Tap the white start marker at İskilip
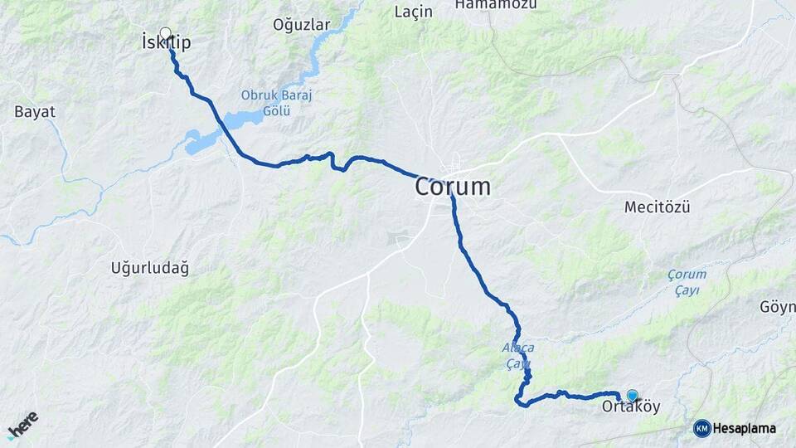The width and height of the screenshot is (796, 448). tap(165, 34)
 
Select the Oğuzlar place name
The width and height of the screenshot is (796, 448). tap(301, 25)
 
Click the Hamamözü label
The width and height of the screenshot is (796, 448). tap(494, 5)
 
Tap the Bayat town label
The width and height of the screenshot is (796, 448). tap(35, 111)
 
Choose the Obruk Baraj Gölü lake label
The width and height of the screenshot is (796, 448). tap(276, 102)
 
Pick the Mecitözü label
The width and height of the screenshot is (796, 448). tap(657, 207)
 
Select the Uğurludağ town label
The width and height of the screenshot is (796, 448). tap(149, 268)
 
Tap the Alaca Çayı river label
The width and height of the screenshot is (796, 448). tap(518, 355)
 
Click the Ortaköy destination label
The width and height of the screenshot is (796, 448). tap(631, 407)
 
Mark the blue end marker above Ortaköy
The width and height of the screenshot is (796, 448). tap(633, 396)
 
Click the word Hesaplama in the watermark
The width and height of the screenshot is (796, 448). tap(745, 429)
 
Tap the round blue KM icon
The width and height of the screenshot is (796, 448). tap(701, 429)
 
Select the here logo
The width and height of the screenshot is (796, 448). tap(22, 424)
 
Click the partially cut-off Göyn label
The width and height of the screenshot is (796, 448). tap(777, 307)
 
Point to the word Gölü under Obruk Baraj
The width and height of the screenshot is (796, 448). tap(276, 110)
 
